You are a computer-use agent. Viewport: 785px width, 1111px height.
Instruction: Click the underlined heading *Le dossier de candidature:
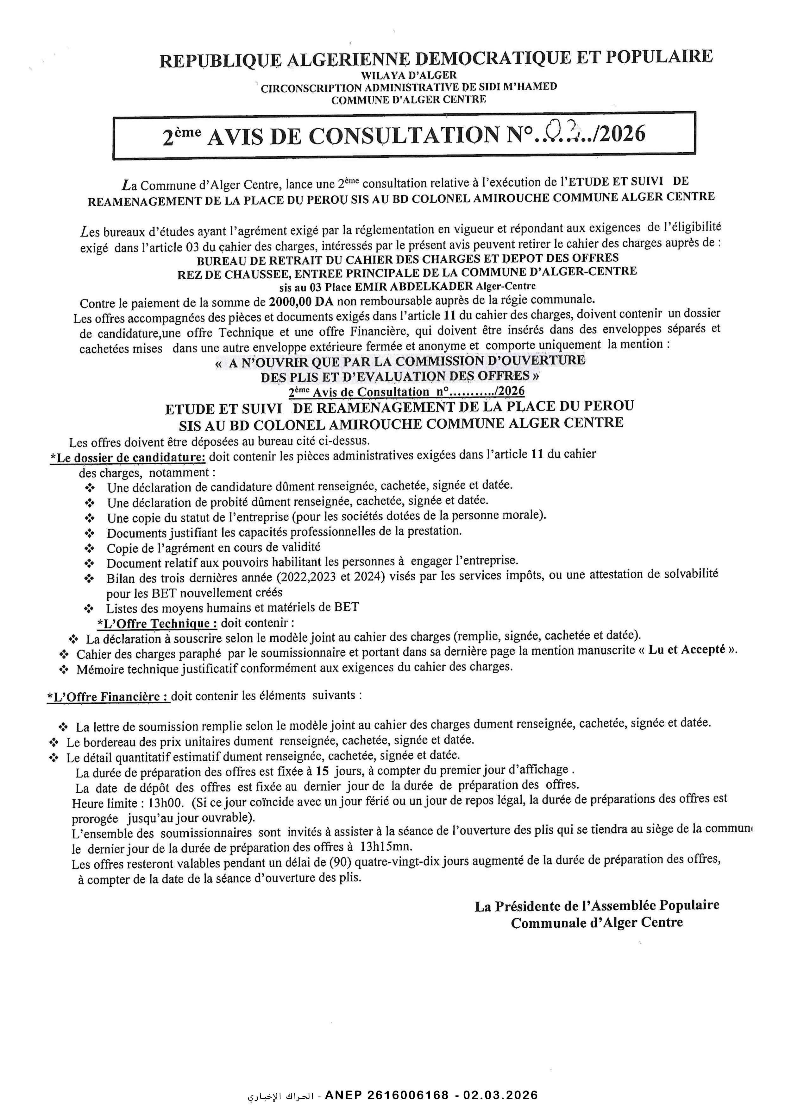pyautogui.click(x=128, y=457)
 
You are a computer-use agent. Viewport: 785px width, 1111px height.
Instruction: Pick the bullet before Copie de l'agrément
pyautogui.click(x=90, y=548)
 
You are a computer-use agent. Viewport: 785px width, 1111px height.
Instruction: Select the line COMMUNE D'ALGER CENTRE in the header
pyautogui.click(x=408, y=100)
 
